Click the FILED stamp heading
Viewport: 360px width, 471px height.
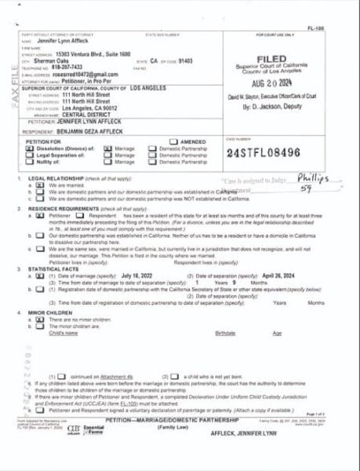pos(271,58)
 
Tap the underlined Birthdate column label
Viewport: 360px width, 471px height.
pos(225,333)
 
